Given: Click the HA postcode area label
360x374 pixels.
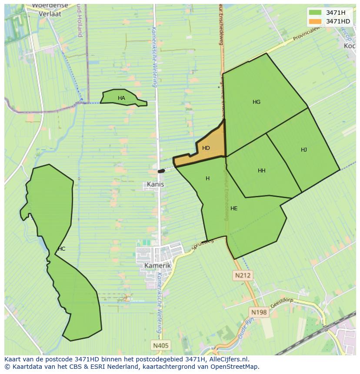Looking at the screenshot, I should coord(121,98).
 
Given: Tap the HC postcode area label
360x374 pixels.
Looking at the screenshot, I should coord(61,249).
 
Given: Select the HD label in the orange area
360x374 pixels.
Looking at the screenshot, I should coord(206,148).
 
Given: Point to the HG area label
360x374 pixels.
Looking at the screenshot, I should coord(257,102).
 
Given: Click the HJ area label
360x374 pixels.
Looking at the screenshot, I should coord(304,150).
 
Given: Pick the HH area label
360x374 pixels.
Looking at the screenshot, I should coord(261,171).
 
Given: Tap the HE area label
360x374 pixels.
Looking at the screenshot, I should coord(234,209).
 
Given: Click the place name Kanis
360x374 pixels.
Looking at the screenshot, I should coord(155,184).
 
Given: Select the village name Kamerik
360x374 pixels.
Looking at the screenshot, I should coord(157,265).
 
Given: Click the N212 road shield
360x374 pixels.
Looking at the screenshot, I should coord(243,275).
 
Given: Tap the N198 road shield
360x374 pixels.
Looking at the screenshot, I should coord(259,312).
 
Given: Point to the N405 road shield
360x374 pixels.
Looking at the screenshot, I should coord(161,346).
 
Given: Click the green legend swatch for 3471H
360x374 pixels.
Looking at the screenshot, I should coord(315,13).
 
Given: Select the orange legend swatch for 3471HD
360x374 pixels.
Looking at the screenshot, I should coord(315,21).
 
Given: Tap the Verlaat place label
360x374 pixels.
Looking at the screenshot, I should coord(50,13).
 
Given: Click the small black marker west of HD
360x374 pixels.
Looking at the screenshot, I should coord(161,171).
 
